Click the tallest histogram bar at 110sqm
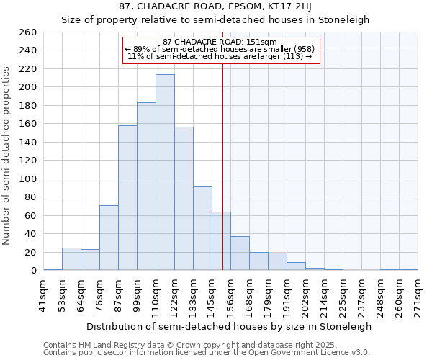click(x=165, y=173)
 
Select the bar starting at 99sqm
click(x=146, y=186)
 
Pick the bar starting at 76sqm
click(x=109, y=238)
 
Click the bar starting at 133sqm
click(x=202, y=229)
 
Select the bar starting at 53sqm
click(x=71, y=259)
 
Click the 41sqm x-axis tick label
click(x=43, y=294)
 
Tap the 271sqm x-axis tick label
click(x=418, y=294)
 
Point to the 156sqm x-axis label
click(x=230, y=294)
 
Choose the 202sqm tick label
click(x=305, y=294)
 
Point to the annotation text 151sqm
click(x=257, y=42)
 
